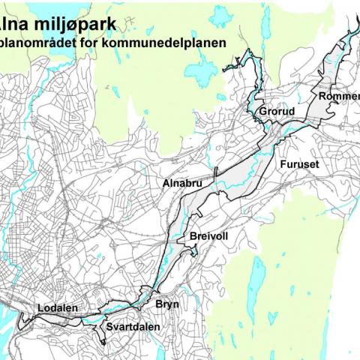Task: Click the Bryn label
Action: (x=167, y=304)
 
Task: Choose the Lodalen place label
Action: (x=57, y=308)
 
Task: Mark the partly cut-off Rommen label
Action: (x=338, y=97)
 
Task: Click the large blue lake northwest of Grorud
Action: (x=200, y=73)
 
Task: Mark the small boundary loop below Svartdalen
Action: (x=103, y=337)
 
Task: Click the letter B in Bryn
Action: (x=159, y=304)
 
